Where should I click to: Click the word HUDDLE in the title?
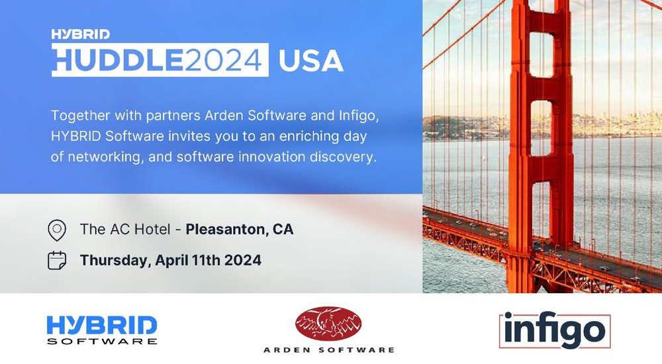[x=118, y=60]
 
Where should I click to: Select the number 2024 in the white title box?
[x=223, y=60]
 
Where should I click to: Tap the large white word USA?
[x=310, y=61]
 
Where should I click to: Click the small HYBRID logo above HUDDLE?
[x=81, y=34]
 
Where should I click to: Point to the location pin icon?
[x=57, y=230]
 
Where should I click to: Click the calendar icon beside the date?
[x=57, y=260]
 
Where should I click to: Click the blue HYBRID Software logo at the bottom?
[x=102, y=330]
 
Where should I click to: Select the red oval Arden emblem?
[x=328, y=324]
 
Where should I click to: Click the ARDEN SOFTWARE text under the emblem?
[x=329, y=349]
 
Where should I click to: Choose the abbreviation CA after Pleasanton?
[x=283, y=229]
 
